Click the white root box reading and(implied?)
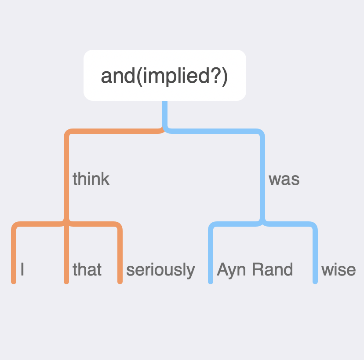coord(165,75)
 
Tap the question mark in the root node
coord(215,76)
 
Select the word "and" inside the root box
coord(118,76)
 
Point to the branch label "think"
coord(91,179)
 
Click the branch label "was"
coord(284,180)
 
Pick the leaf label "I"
coord(22,269)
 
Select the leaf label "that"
coord(87,269)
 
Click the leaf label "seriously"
coord(160,270)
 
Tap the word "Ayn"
coord(231,270)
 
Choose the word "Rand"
coord(273,269)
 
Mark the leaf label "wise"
coord(339,270)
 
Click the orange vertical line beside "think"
coord(66,176)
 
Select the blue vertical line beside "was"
coord(262,176)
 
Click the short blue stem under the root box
coord(165,114)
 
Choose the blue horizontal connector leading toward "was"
coord(214,131)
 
